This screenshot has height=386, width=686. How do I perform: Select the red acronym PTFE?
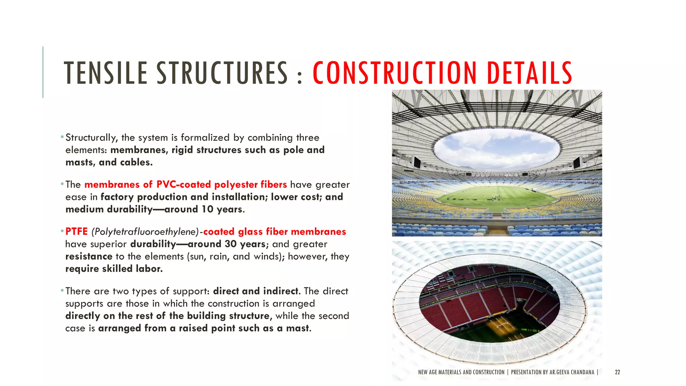tap(76, 232)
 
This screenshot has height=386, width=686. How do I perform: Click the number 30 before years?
tap(231, 244)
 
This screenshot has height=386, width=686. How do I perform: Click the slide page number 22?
tap(617, 372)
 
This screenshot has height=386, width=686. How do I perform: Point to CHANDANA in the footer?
tap(582, 372)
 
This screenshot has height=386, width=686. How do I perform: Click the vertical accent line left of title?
tap(43, 72)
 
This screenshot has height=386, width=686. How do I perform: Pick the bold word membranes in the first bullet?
tap(139, 150)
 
